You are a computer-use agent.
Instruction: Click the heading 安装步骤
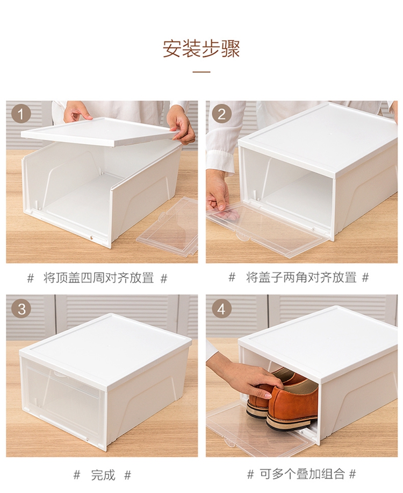pyautogui.click(x=201, y=48)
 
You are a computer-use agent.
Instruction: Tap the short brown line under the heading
pyautogui.click(x=201, y=72)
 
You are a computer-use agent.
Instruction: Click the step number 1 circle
pyautogui.click(x=21, y=114)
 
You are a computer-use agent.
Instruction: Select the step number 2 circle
pyautogui.click(x=221, y=114)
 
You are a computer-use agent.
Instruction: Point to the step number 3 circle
pyautogui.click(x=21, y=308)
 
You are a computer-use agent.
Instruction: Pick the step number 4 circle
pyautogui.click(x=221, y=308)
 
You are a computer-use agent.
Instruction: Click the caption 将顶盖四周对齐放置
pyautogui.click(x=98, y=278)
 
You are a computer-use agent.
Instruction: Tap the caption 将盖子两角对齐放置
pyautogui.click(x=301, y=277)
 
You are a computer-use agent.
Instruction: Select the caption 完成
pyautogui.click(x=103, y=475)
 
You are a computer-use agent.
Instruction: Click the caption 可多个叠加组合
pyautogui.click(x=302, y=474)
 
